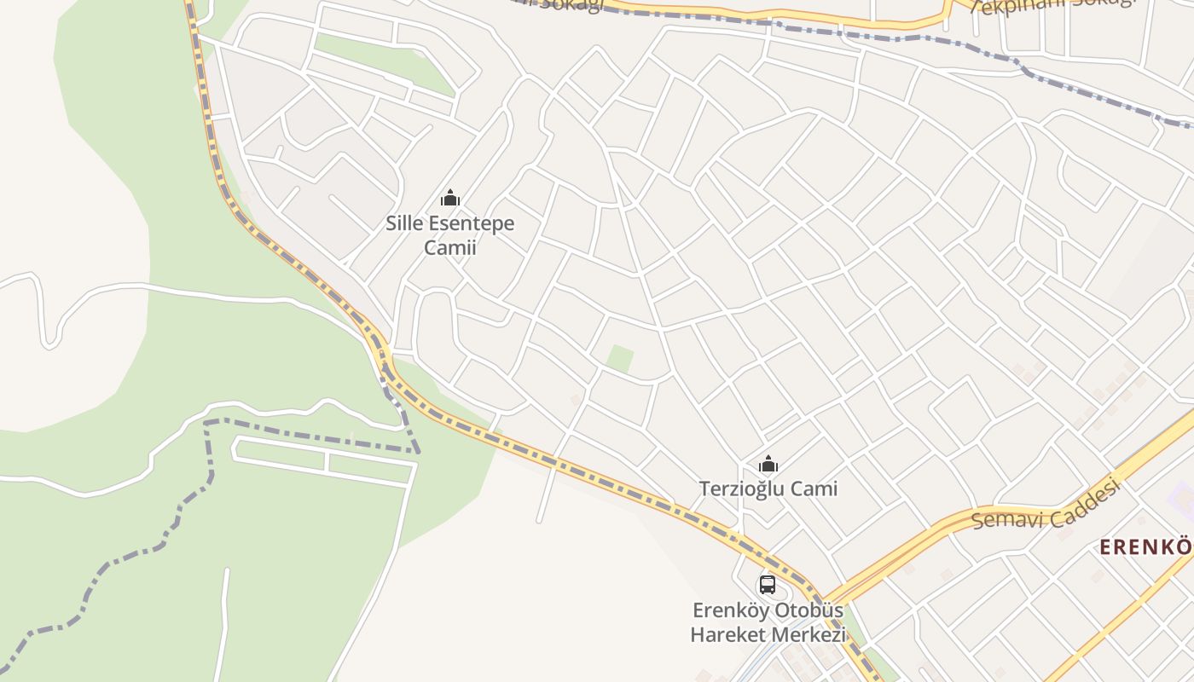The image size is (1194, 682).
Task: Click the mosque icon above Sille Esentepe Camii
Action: pos(449,199)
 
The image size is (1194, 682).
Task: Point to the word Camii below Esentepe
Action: pos(450,248)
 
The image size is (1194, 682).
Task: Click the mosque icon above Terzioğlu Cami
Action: pos(768,465)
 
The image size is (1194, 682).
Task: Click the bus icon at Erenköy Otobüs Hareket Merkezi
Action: pos(768,585)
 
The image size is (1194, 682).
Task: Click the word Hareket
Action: pos(727,635)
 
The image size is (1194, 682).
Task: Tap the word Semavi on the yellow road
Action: pos(1006,517)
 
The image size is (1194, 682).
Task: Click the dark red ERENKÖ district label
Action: pos(1145,546)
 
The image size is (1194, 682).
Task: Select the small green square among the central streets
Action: pos(620,359)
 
